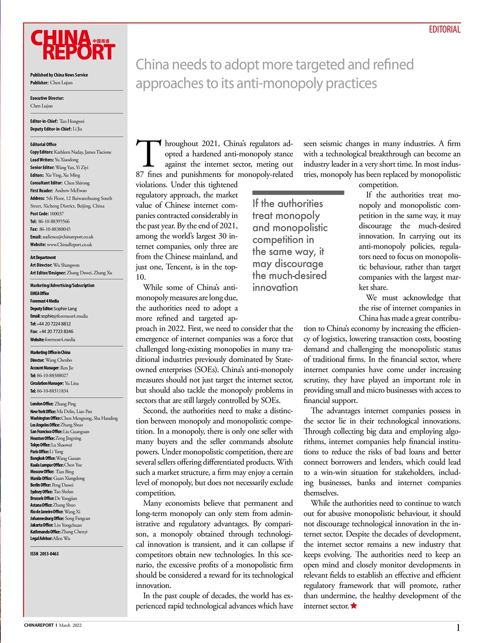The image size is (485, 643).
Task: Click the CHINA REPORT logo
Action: coord(73,45)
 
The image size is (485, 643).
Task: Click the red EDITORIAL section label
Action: coord(444,30)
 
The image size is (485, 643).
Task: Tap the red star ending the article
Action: coord(354,606)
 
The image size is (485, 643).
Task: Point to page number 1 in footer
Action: coord(458,627)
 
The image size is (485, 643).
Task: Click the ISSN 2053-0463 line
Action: coord(44,554)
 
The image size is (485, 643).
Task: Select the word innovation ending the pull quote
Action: coord(275,287)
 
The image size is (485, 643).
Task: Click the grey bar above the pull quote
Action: coord(298,192)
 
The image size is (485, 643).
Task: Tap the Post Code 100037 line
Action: coord(47,213)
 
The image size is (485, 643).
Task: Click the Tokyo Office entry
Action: coord(51,445)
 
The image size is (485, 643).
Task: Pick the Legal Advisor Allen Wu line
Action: coord(50,538)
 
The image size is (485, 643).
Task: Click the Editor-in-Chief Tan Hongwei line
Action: coord(57,121)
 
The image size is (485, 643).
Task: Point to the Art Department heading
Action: coord(43,257)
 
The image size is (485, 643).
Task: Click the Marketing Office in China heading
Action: coord(50,352)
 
